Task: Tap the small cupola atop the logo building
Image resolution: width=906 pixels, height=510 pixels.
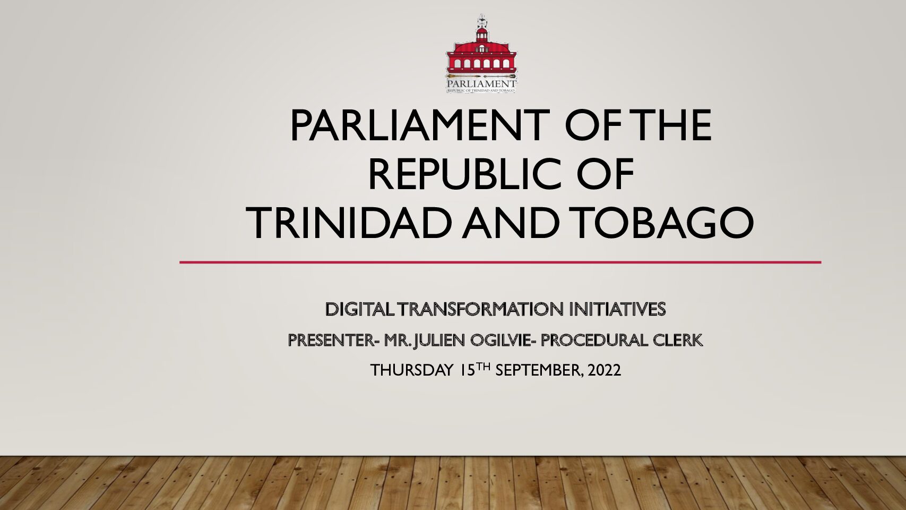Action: (x=481, y=33)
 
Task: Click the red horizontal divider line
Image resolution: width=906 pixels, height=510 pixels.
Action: (x=501, y=262)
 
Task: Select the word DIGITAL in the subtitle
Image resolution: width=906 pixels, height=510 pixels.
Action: (x=360, y=309)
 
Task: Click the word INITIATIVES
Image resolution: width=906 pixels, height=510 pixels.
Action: (x=618, y=309)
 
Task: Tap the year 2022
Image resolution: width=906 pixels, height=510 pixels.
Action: (x=605, y=370)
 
